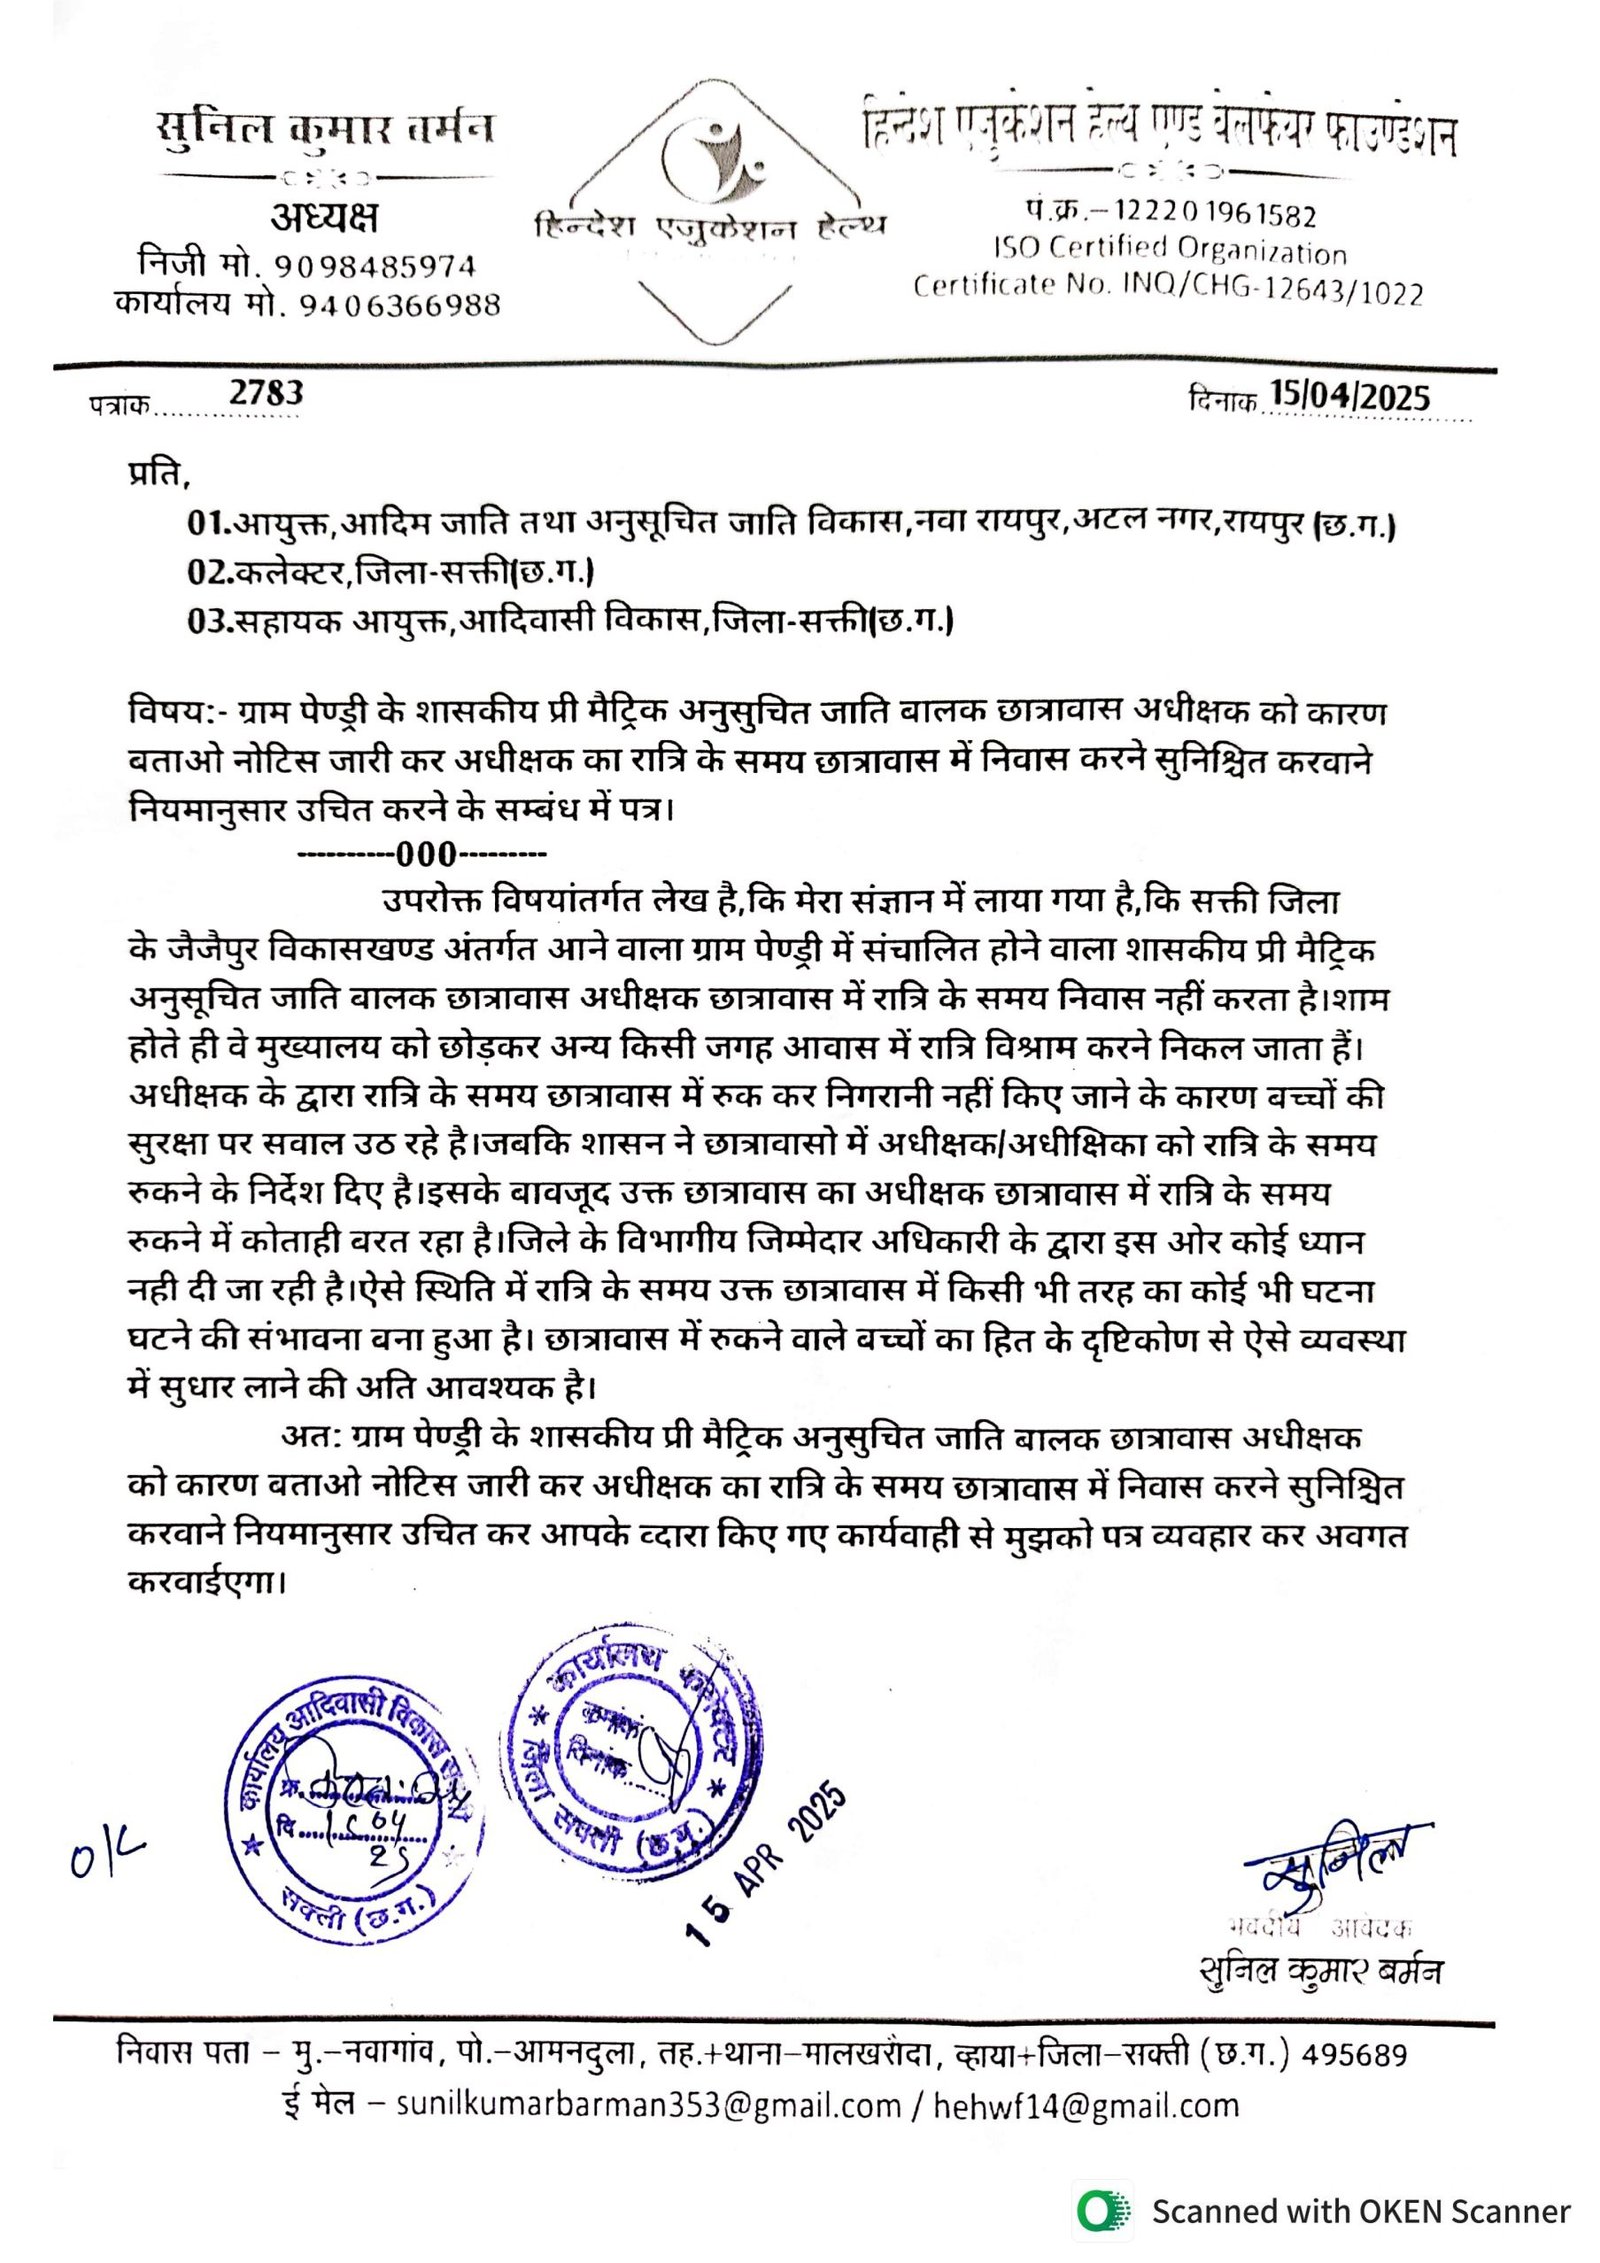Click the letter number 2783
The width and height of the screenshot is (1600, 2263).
(265, 392)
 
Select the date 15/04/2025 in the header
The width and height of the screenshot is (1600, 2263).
(1349, 396)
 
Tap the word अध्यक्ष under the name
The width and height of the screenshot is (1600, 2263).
(324, 217)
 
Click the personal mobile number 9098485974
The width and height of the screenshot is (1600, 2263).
(375, 266)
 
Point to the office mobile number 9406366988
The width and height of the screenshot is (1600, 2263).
(399, 304)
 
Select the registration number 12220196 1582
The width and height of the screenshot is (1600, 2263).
(1214, 213)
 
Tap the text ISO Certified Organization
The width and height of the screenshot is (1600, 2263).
(1169, 249)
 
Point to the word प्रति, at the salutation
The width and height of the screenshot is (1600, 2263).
(158, 472)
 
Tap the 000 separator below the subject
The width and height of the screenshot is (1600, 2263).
(426, 854)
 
